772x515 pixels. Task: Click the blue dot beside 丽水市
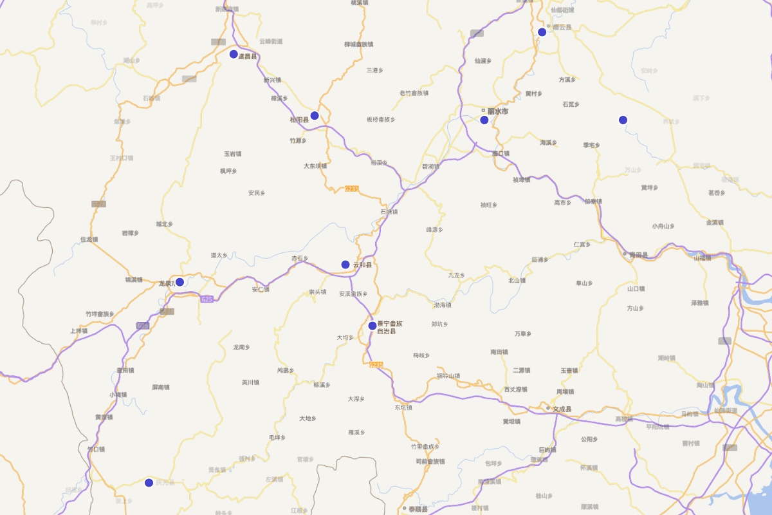coord(484,120)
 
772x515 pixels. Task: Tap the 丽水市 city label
coord(497,111)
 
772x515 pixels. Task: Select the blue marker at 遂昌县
coord(234,54)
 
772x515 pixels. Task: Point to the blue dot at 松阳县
coord(315,116)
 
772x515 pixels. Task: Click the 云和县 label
coord(362,265)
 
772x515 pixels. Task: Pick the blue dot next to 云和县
coord(345,265)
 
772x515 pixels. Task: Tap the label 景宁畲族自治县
coord(390,327)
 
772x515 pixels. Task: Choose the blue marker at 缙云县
coord(542,32)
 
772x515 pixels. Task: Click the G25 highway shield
coord(207,299)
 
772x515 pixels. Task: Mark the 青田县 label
coord(638,255)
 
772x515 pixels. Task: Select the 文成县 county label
coord(562,409)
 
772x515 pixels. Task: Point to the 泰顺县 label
coord(418,509)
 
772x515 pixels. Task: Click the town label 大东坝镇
coord(315,165)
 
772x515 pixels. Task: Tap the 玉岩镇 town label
coord(232,154)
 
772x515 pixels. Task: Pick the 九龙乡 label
coord(456,276)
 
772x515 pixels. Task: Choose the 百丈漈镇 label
coord(516,389)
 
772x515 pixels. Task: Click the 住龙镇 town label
coord(89,239)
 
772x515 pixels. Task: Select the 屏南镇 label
coord(161,388)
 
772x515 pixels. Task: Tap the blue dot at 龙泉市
coord(180,282)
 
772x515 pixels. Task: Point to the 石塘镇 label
coord(389,211)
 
